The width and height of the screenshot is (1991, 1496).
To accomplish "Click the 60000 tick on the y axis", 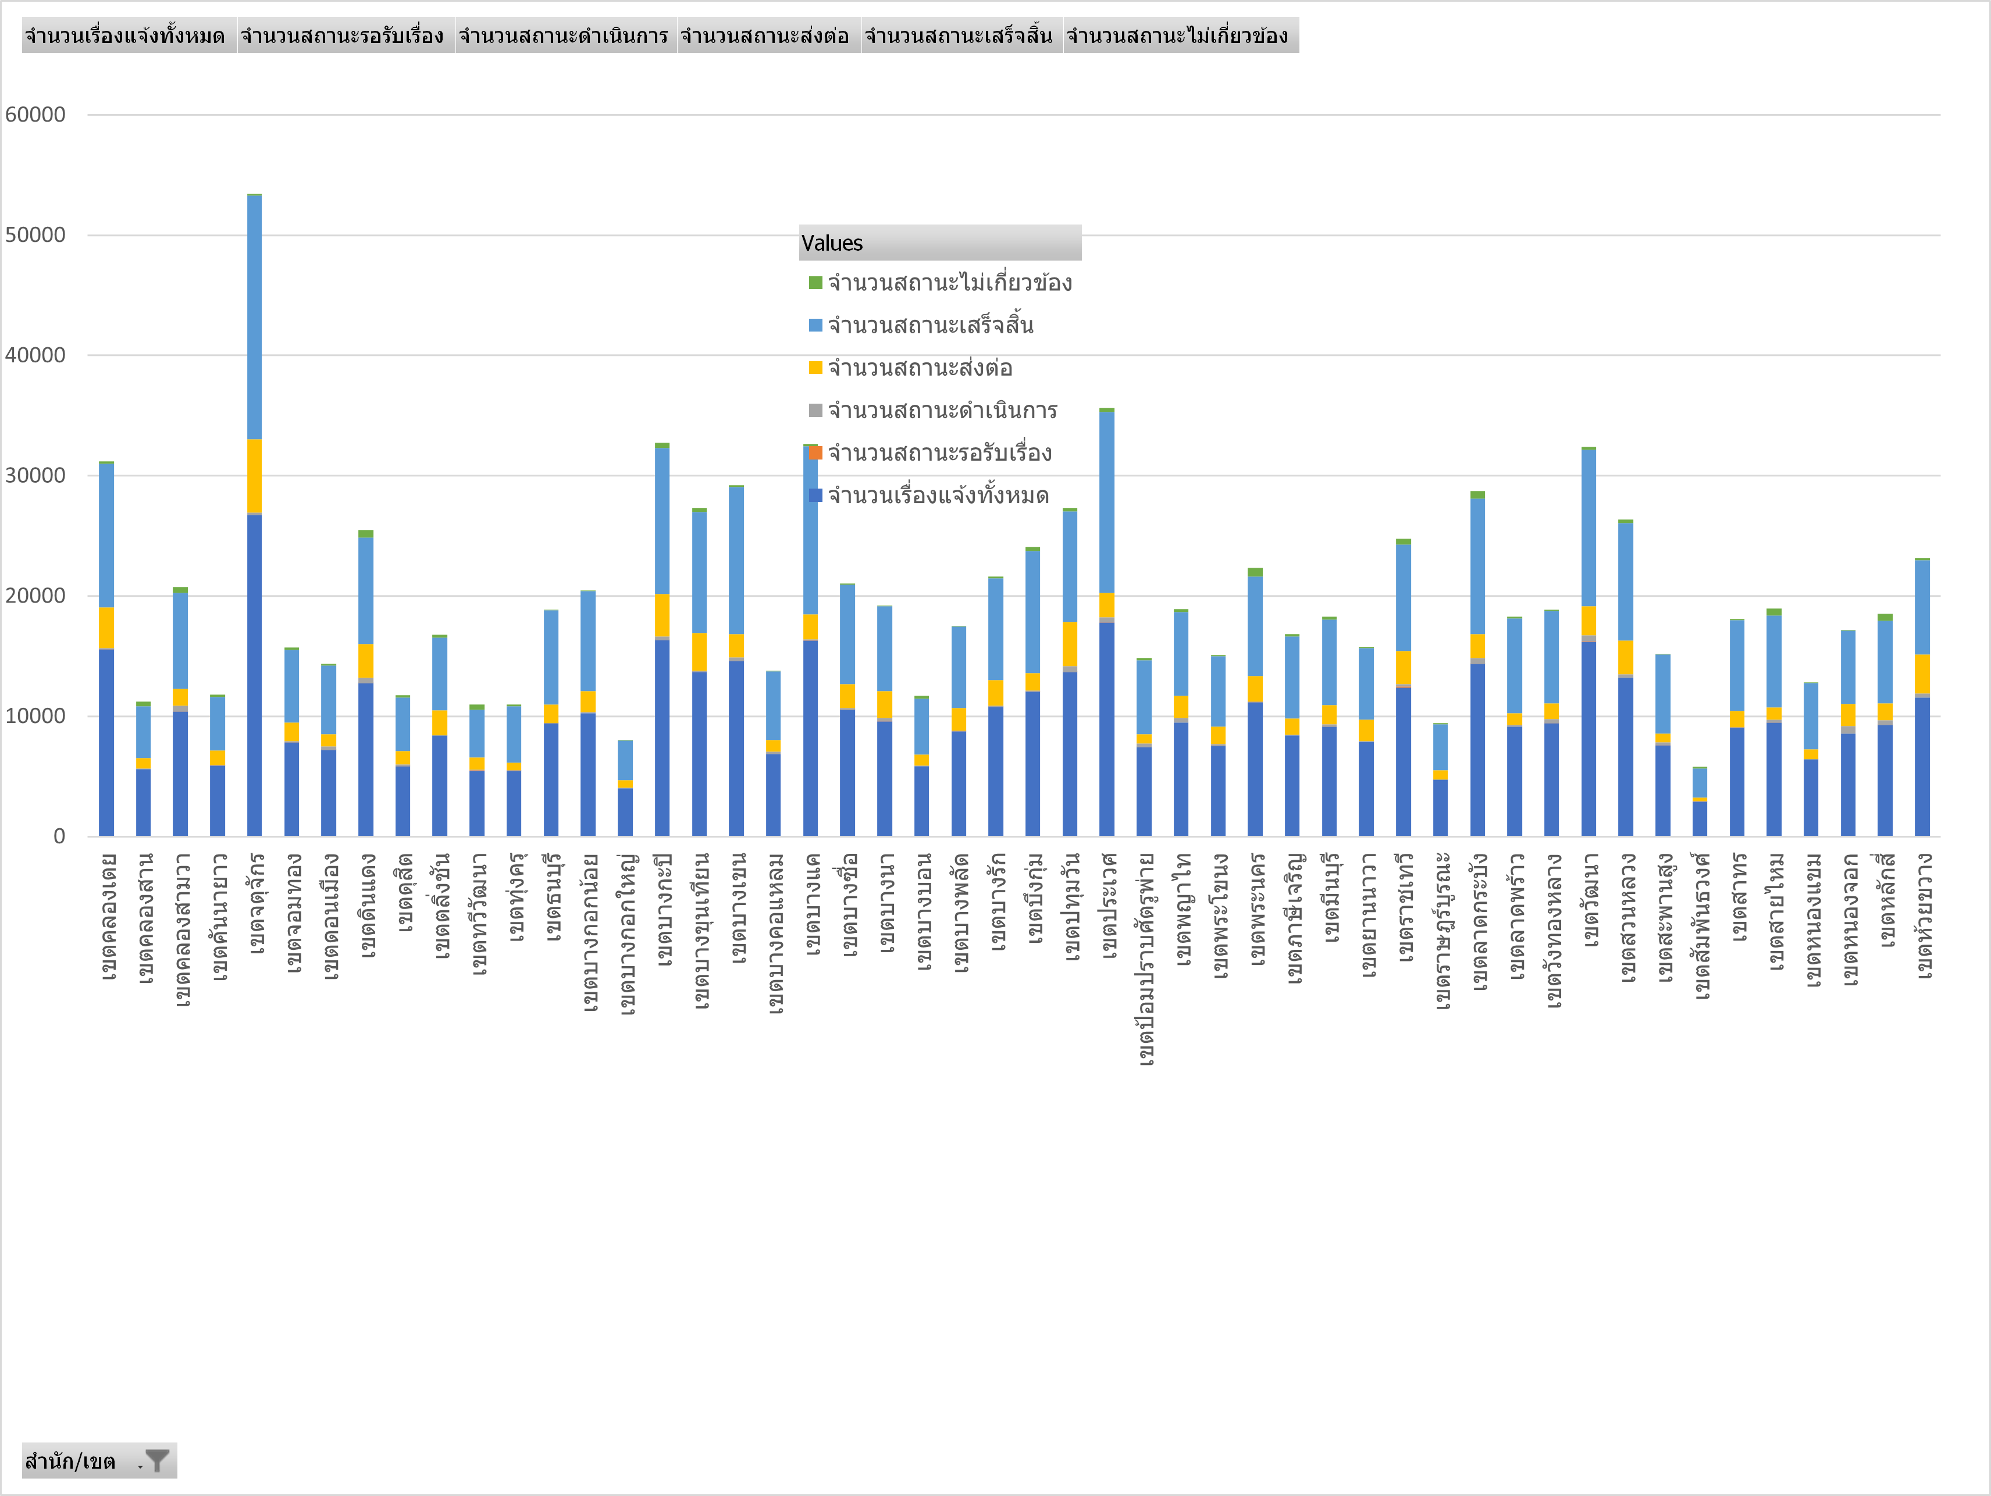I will tap(35, 115).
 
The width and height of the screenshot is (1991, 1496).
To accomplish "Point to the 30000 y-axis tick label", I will tap(35, 475).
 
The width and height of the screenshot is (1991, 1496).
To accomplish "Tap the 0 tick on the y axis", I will tap(59, 836).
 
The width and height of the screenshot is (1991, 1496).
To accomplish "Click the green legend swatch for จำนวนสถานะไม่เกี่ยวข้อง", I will tap(815, 283).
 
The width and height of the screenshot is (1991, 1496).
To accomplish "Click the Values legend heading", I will tap(832, 243).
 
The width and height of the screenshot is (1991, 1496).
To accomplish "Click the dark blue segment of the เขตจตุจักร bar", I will tap(255, 675).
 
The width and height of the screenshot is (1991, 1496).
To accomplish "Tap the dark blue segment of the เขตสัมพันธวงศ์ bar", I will tap(1700, 818).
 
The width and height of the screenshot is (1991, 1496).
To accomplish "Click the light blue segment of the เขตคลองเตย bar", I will tap(106, 536).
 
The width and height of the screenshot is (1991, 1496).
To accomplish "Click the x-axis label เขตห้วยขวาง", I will tap(1922, 916).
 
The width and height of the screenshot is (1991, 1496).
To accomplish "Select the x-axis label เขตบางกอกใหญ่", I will tap(625, 934).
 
